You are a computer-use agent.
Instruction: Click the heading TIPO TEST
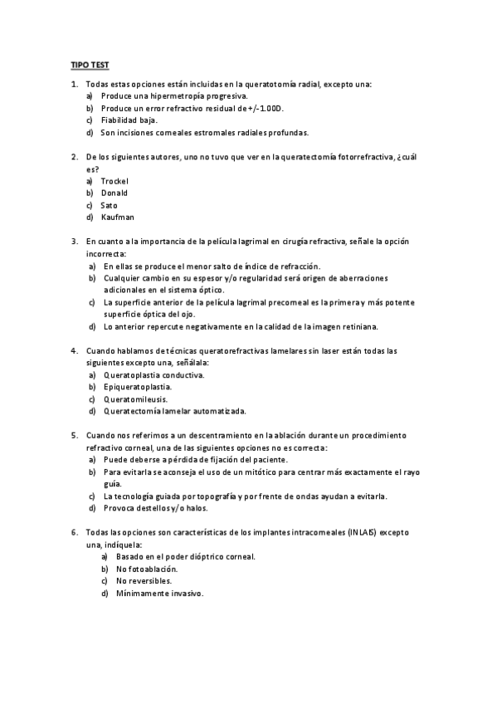(x=89, y=65)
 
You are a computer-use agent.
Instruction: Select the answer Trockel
(x=115, y=181)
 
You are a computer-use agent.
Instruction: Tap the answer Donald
(x=115, y=193)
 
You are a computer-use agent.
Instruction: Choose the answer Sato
(x=110, y=205)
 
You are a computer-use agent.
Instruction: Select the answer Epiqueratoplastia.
(x=138, y=387)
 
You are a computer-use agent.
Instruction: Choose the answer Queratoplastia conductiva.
(x=153, y=374)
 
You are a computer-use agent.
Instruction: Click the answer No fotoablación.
(x=147, y=570)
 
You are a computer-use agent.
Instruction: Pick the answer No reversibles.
(x=144, y=581)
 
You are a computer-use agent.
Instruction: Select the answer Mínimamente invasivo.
(x=159, y=594)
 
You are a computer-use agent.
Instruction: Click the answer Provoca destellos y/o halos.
(x=156, y=508)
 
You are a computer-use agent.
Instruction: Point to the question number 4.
(x=75, y=350)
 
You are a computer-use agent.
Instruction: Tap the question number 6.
(x=75, y=532)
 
